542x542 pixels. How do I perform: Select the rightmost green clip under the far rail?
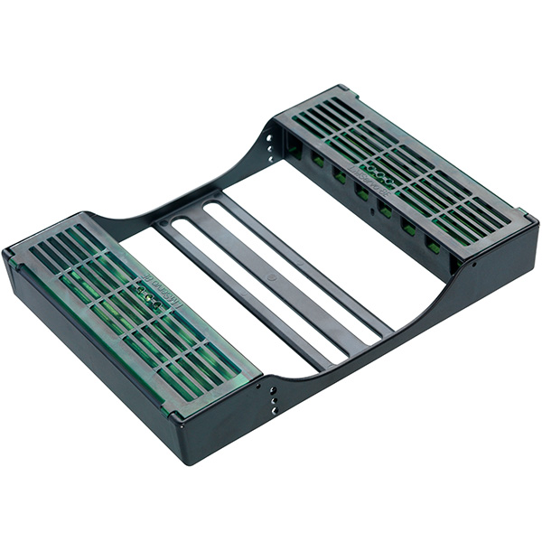[x=434, y=245]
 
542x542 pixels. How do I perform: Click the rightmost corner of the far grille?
[x=533, y=220]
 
